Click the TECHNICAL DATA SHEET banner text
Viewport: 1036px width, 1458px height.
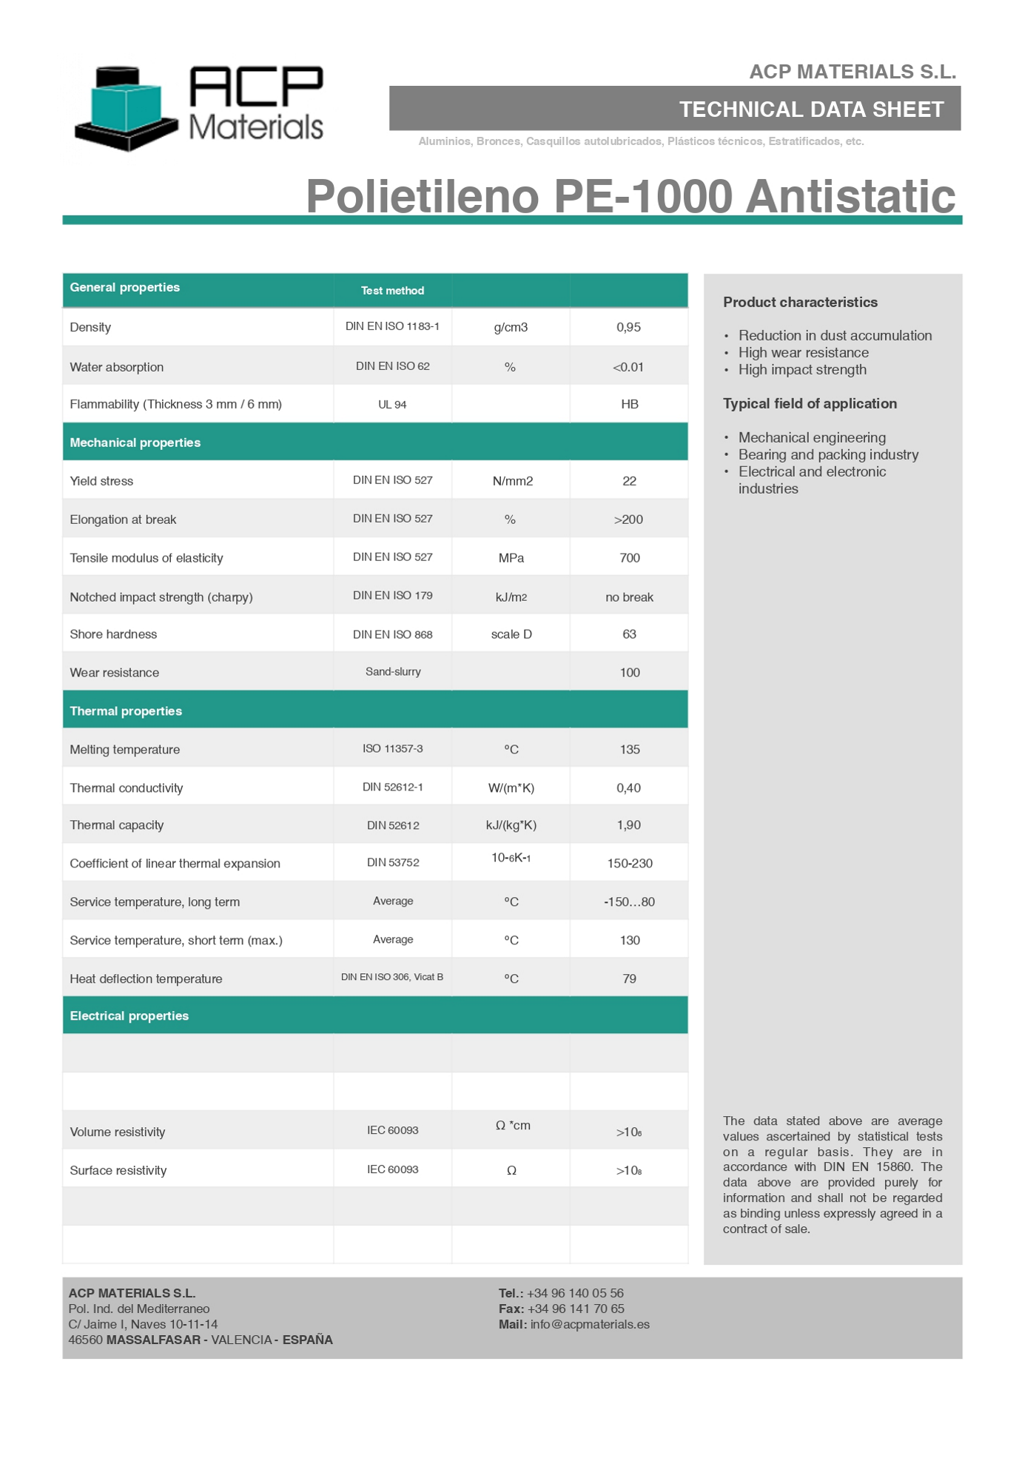[x=811, y=110]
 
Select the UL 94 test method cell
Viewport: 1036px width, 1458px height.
[x=392, y=405]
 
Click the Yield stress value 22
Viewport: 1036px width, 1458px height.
[x=629, y=481]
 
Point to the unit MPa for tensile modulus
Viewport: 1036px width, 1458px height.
[x=511, y=558]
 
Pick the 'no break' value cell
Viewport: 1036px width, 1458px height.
[x=629, y=597]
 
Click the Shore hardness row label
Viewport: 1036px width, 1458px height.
[x=113, y=634]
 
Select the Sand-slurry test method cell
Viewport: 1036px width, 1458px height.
[x=393, y=672]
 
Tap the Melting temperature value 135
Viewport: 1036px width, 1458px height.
[x=630, y=750]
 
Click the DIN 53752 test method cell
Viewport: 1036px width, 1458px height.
[x=393, y=863]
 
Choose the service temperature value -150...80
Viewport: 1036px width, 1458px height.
[x=629, y=902]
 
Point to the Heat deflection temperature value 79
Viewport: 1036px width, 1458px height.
[x=629, y=979]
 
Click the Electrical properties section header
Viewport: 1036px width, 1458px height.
[x=129, y=1016]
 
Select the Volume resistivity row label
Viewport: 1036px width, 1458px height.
[x=118, y=1132]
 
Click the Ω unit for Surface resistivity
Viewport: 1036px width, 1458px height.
[x=511, y=1171]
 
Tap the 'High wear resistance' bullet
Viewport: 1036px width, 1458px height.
[x=803, y=353]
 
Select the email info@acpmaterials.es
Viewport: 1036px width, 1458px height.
[x=590, y=1325]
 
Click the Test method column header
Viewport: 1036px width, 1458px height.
[x=392, y=291]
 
